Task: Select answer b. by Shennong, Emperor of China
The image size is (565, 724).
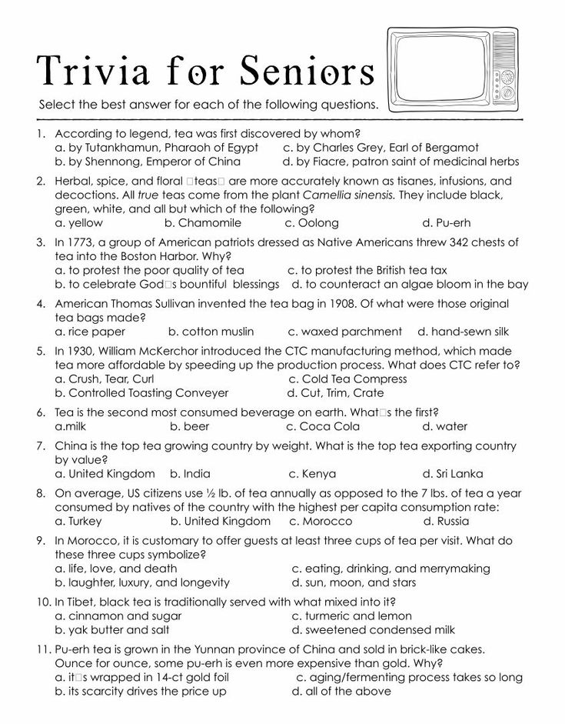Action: tap(148, 162)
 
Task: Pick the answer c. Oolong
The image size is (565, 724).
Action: tap(311, 223)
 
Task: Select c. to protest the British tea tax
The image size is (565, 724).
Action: tap(367, 270)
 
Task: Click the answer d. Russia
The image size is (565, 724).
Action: tap(448, 521)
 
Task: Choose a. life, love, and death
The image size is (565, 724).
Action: tap(116, 569)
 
